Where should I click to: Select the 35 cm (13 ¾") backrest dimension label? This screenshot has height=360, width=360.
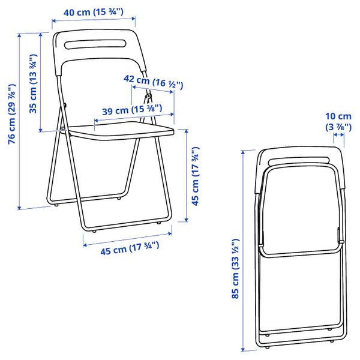tap(33, 84)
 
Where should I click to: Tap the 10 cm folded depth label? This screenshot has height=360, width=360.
tap(338, 121)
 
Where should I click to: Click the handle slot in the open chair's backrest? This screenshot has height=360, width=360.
tap(96, 45)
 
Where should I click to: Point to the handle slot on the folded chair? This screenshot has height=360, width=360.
tap(299, 161)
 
